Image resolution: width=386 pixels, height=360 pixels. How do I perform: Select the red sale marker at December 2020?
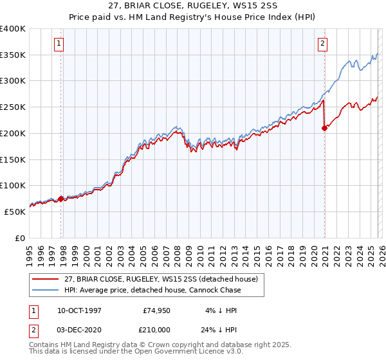(324, 128)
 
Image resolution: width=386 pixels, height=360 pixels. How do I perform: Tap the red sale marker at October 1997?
(61, 199)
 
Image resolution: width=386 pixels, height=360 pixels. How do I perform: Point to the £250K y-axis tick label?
(13, 107)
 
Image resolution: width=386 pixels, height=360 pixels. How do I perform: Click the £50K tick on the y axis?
(15, 212)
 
